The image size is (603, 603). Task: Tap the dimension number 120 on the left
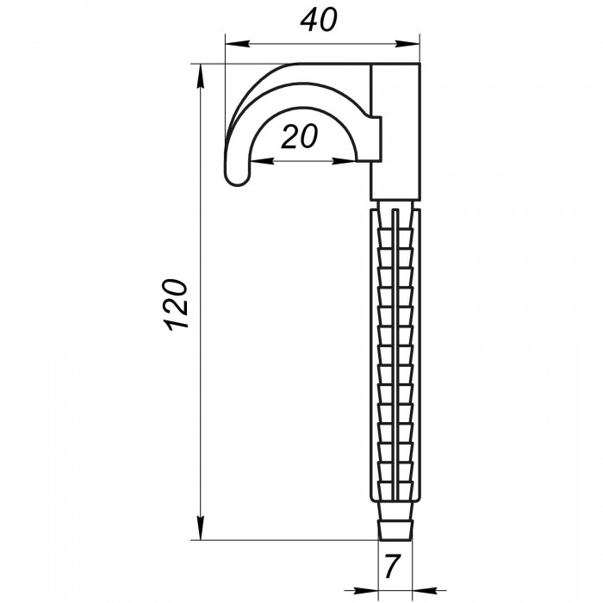click(x=177, y=305)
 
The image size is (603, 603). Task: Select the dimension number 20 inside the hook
click(x=300, y=136)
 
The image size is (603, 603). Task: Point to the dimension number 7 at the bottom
click(x=392, y=567)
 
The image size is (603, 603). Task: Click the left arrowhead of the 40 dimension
click(x=238, y=44)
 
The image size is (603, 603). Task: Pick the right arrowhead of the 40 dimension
click(x=407, y=44)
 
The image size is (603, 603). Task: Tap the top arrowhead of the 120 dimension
click(x=201, y=77)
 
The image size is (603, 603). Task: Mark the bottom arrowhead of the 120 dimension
click(x=201, y=527)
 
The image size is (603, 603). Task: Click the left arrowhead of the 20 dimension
click(x=262, y=162)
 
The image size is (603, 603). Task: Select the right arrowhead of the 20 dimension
click(x=345, y=162)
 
